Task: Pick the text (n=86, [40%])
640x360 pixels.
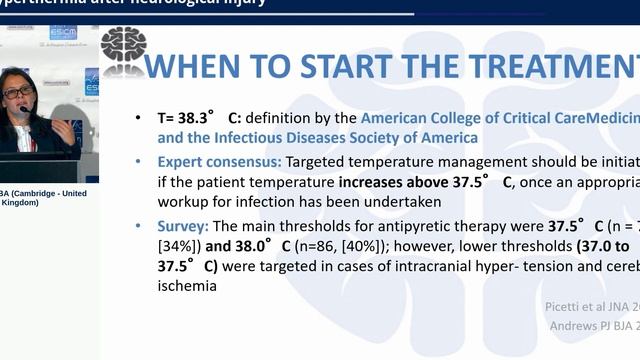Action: (344, 246)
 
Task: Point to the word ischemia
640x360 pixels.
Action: (187, 286)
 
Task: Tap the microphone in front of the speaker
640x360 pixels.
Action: (26, 110)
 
